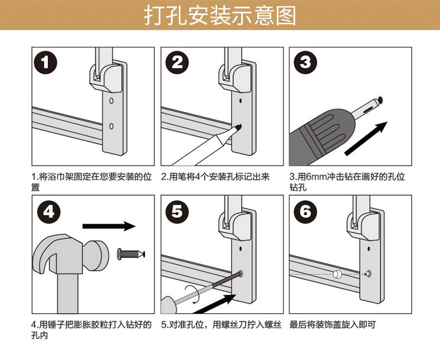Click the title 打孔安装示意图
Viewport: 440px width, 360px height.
tap(220, 16)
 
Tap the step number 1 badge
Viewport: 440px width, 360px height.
tap(46, 62)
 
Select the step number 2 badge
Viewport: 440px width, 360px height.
tap(177, 62)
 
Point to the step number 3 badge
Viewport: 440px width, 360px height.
tap(305, 62)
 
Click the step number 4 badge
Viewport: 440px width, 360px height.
tap(49, 212)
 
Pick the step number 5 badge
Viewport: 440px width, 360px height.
tap(177, 212)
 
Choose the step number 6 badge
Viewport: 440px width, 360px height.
tap(305, 212)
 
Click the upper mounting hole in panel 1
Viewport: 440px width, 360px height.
tap(111, 100)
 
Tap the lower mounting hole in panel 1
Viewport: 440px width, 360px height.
tap(111, 127)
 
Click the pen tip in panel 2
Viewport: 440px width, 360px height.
tap(238, 128)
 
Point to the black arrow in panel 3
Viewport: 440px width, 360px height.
tap(366, 139)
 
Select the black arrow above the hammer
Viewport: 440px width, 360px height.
tap(109, 226)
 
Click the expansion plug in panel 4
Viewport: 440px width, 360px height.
tap(131, 255)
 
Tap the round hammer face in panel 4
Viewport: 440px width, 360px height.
tap(98, 256)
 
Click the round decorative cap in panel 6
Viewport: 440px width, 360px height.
tap(337, 274)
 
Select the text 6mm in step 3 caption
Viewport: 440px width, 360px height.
tap(315, 177)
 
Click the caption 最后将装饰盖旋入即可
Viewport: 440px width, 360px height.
tap(333, 325)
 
